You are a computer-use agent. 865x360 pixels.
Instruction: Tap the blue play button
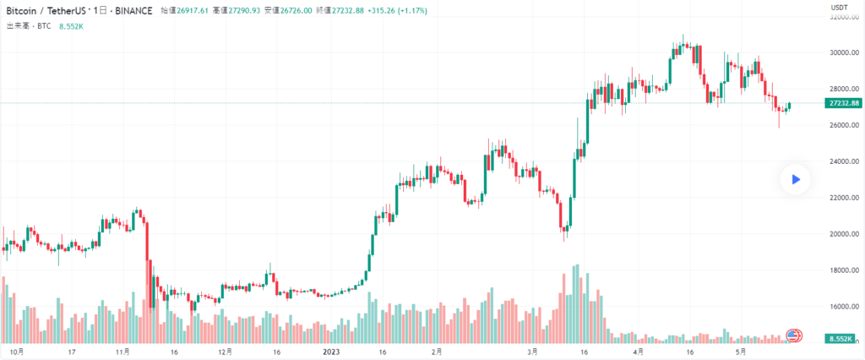tap(795, 179)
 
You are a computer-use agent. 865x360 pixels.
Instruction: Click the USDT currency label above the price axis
tap(840, 8)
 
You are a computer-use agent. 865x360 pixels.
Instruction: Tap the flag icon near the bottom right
tap(793, 336)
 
